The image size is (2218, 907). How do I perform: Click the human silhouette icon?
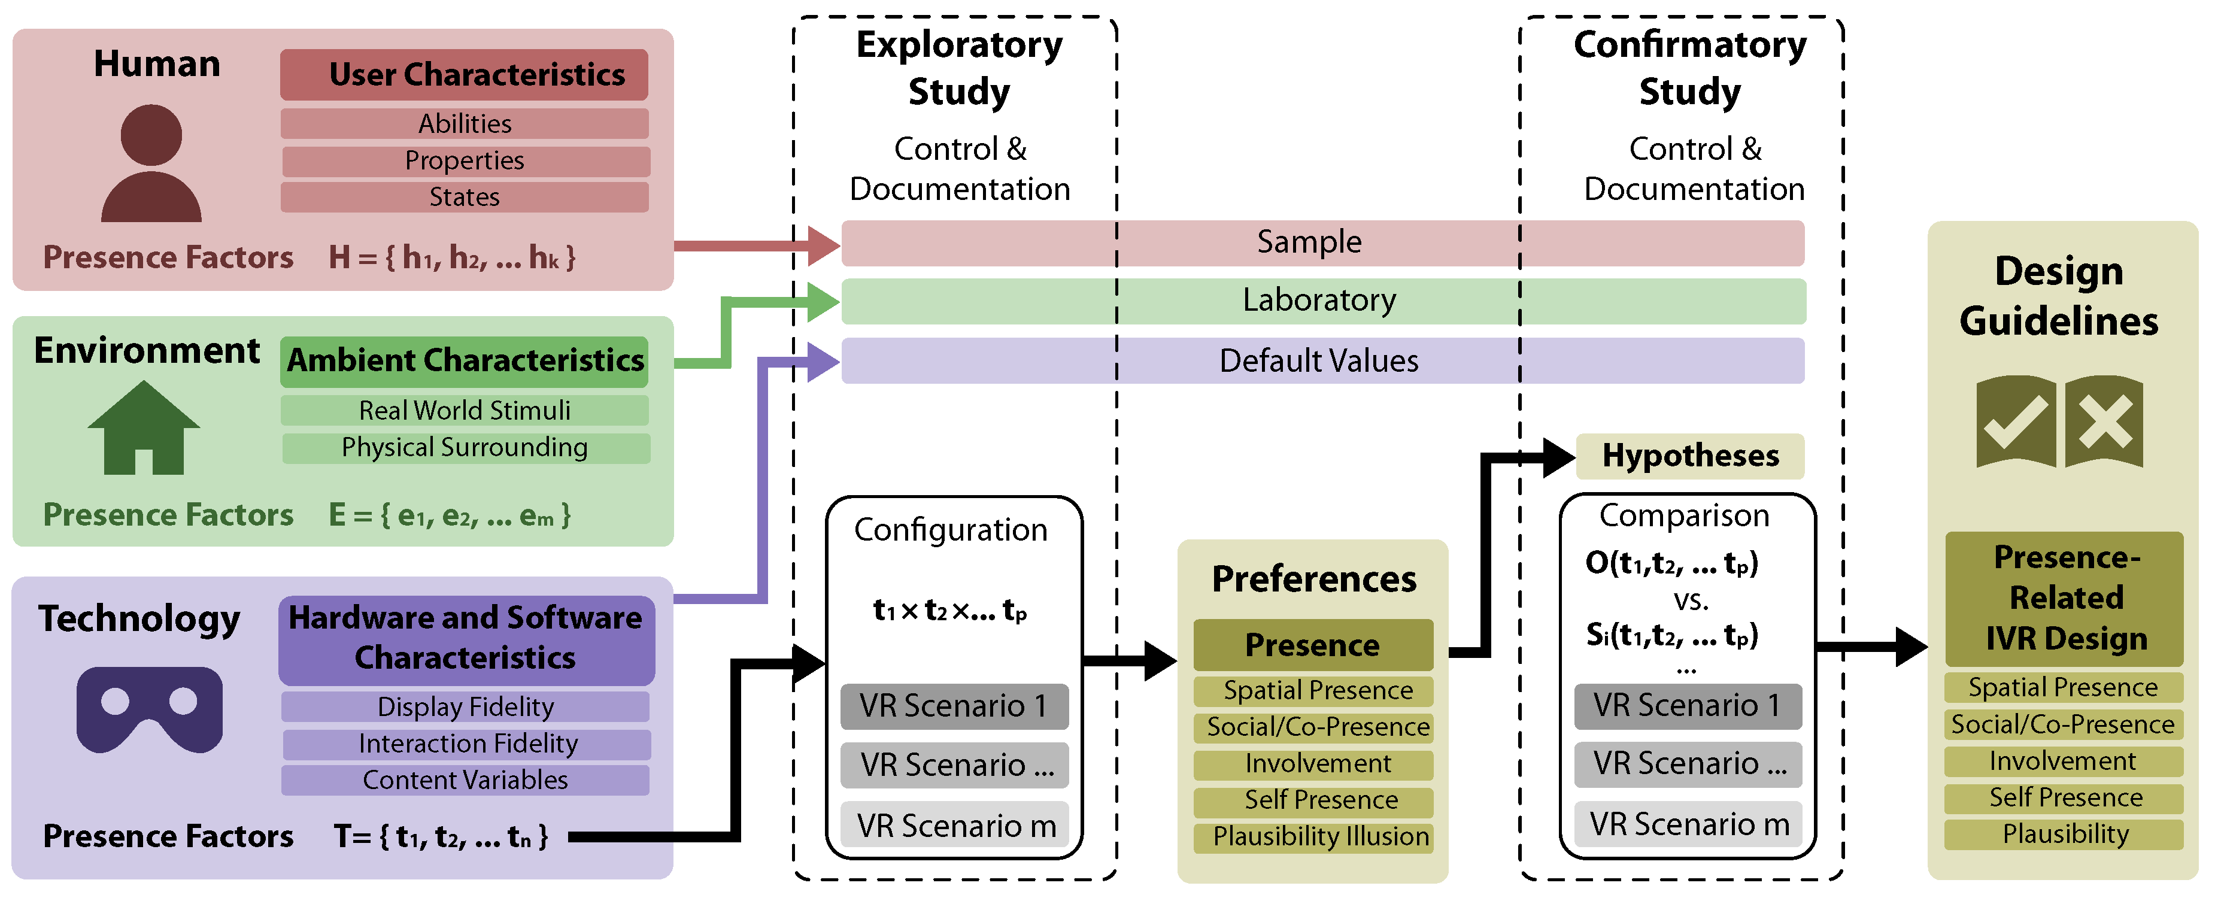pyautogui.click(x=151, y=163)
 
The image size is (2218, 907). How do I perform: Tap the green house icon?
pyautogui.click(x=144, y=428)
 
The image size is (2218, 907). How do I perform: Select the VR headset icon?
pyautogui.click(x=150, y=709)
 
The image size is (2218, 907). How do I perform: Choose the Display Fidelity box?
pyautogui.click(x=465, y=706)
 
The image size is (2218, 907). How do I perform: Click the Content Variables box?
pyautogui.click(x=465, y=779)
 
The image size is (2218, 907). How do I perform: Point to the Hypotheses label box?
pyautogui.click(x=1689, y=456)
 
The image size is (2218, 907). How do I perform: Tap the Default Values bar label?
pyautogui.click(x=1318, y=360)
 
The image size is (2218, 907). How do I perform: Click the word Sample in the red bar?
pyautogui.click(x=1309, y=242)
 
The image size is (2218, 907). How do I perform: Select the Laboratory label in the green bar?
pyautogui.click(x=1318, y=300)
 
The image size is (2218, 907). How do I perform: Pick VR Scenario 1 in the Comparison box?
pyautogui.click(x=1686, y=705)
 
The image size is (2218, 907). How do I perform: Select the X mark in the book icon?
pyautogui.click(x=2104, y=423)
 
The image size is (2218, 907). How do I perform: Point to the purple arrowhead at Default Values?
pyautogui.click(x=823, y=361)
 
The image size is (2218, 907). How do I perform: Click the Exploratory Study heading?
pyautogui.click(x=958, y=67)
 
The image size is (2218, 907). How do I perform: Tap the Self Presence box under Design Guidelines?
pyautogui.click(x=2065, y=797)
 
